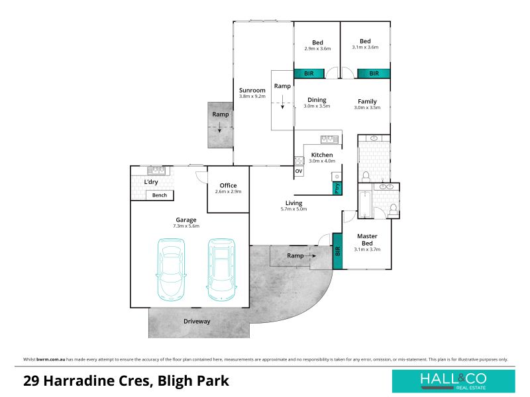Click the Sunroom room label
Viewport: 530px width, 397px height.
coord(252,90)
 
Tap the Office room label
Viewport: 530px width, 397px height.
coord(228,185)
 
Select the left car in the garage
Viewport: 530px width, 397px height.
coord(171,270)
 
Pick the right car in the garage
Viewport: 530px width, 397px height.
coord(221,270)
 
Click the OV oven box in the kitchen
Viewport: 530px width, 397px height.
coord(299,171)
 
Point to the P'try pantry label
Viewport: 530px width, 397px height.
coord(337,189)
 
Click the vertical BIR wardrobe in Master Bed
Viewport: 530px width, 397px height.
coord(337,251)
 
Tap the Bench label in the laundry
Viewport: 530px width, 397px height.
coord(160,195)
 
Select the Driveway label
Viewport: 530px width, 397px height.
coord(197,322)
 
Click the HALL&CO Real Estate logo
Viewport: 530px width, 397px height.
coord(453,381)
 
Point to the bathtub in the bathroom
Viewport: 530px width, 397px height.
coord(365,204)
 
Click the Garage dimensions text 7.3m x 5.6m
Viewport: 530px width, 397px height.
coord(186,226)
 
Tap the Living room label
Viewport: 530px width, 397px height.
coord(293,203)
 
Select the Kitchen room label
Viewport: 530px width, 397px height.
coord(322,155)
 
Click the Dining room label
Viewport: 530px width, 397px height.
coord(317,100)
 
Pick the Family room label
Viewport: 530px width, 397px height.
coord(367,101)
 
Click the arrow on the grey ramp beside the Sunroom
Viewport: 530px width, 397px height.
coord(219,126)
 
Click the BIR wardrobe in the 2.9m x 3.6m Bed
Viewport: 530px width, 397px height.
coord(309,73)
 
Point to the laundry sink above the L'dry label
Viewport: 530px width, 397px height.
coord(156,171)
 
